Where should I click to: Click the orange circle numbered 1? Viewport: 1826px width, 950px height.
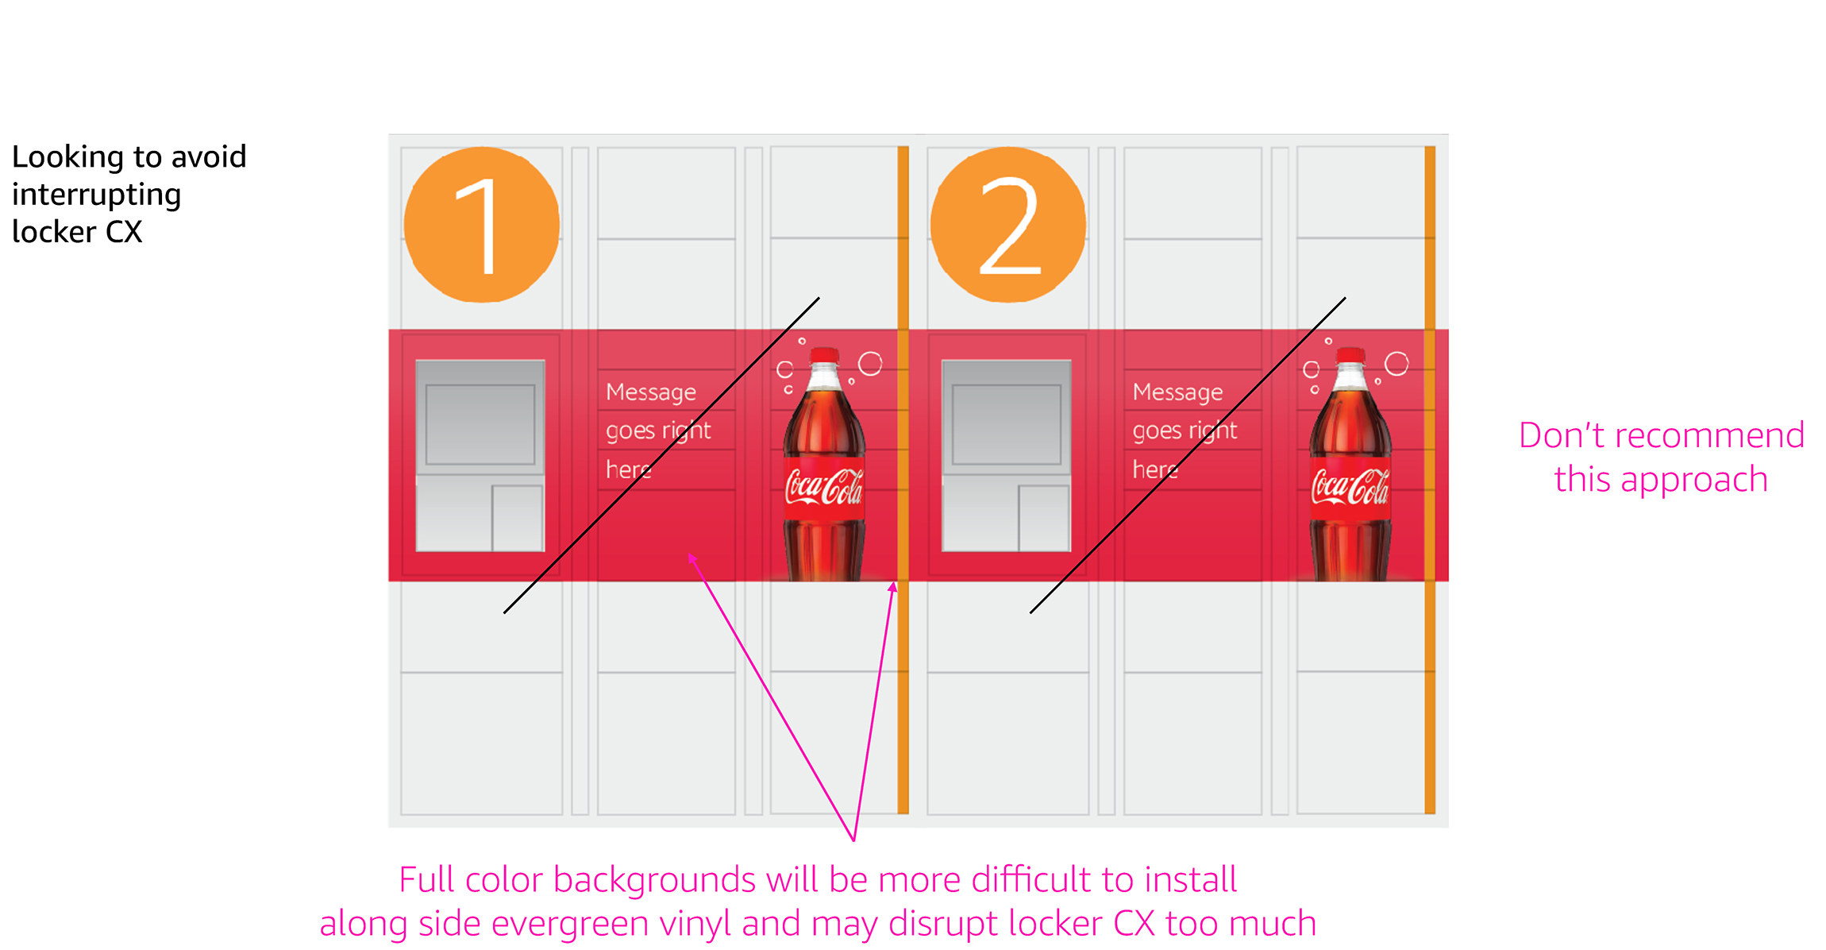point(481,225)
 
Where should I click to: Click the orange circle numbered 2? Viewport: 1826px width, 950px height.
point(1007,225)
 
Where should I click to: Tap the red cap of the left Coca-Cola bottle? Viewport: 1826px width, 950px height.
point(824,354)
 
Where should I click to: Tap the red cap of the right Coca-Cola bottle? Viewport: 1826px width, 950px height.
point(1350,354)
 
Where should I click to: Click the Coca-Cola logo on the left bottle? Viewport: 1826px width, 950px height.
point(823,486)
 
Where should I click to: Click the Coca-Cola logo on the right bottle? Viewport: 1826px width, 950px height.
point(1350,486)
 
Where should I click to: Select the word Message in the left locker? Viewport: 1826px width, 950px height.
point(651,392)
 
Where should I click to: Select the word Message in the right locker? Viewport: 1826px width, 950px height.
point(1177,392)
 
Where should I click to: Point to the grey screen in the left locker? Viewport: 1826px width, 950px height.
point(480,425)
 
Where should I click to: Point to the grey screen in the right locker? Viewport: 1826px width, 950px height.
point(1007,425)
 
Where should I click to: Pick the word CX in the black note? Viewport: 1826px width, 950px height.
point(124,232)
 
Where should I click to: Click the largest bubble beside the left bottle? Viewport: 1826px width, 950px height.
point(870,364)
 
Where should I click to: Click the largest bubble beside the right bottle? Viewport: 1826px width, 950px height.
point(1396,364)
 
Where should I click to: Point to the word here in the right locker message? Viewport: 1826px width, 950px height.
point(1155,469)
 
